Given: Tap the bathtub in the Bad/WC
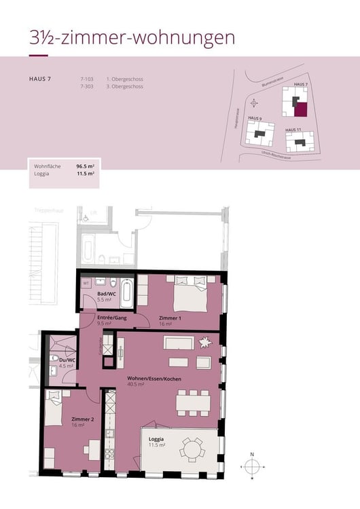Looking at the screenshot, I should (128, 293).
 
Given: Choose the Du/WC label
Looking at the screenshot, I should (65, 360).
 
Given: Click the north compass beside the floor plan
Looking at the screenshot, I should (252, 467).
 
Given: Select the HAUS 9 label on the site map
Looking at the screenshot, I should (255, 118).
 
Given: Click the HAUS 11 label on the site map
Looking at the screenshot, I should (293, 129).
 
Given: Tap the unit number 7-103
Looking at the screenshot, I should (86, 79).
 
